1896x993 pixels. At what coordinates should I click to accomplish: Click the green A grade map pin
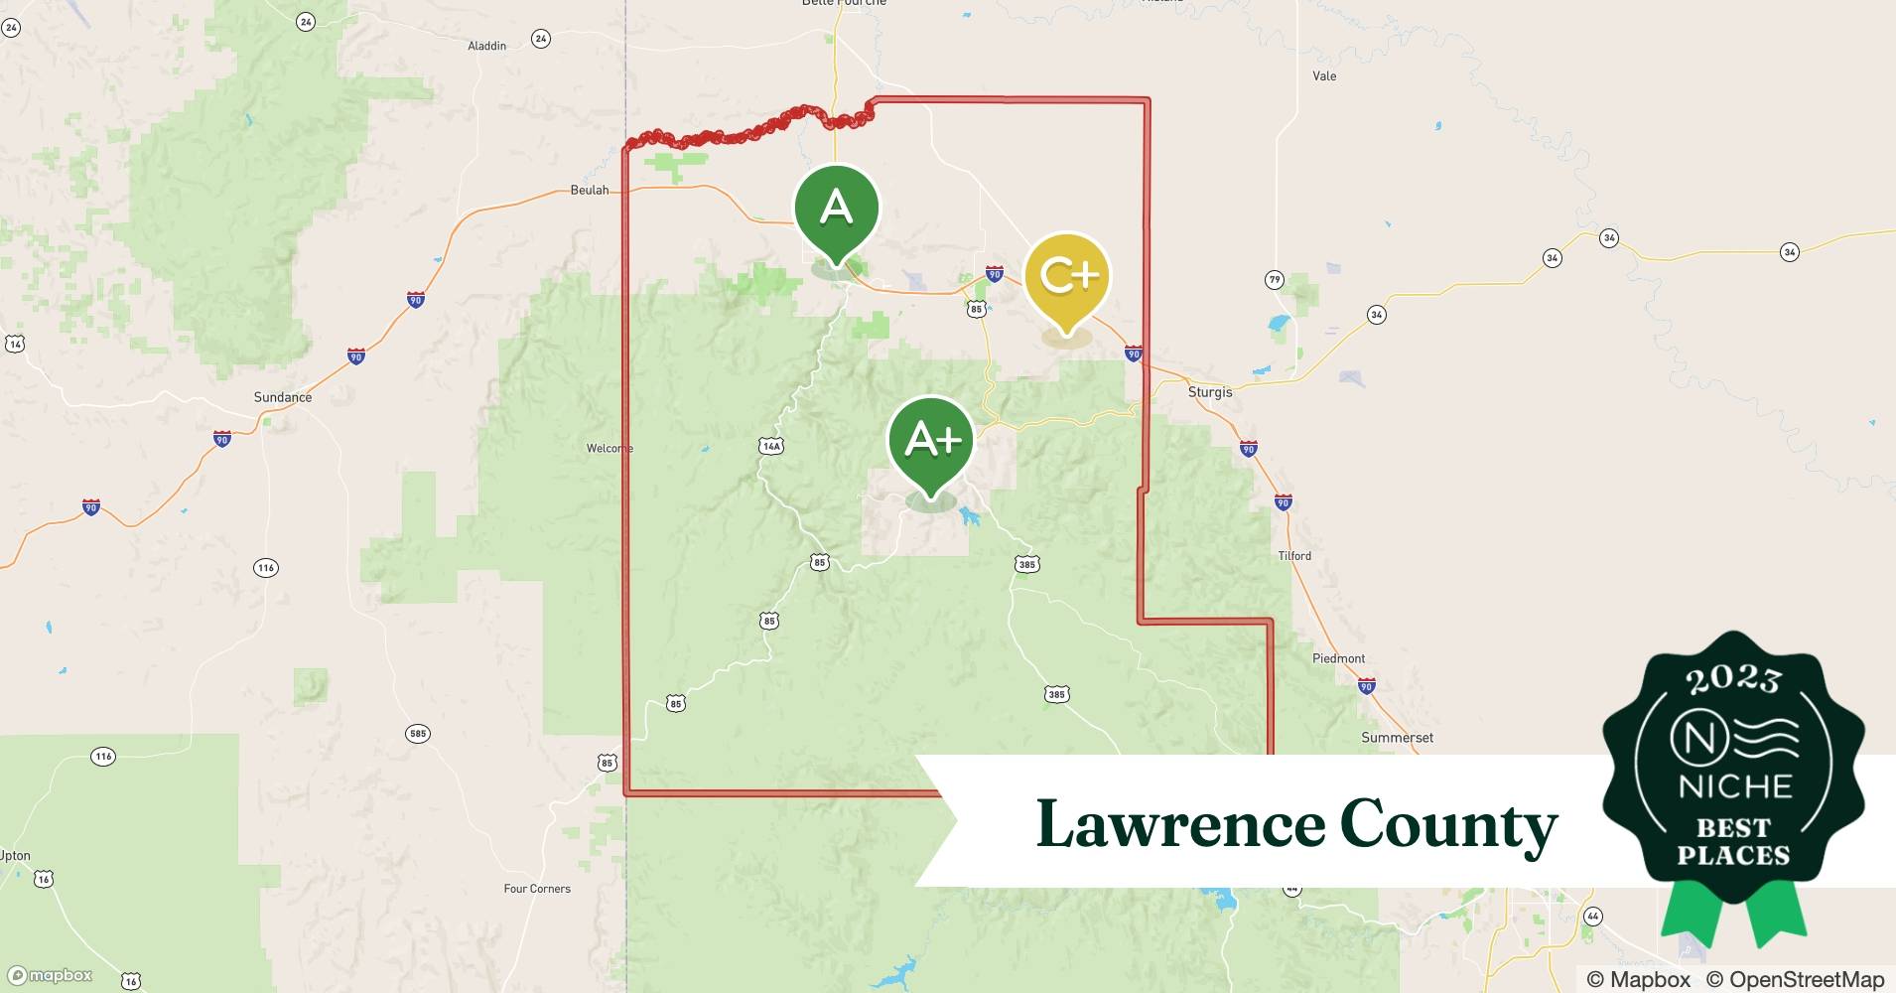[x=836, y=209]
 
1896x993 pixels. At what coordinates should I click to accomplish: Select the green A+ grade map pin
[x=930, y=441]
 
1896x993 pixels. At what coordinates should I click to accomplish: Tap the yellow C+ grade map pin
[x=1066, y=277]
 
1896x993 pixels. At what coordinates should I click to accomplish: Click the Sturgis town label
[x=1210, y=392]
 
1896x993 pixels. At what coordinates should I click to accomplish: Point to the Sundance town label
[x=283, y=397]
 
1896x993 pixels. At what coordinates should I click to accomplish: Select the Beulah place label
[x=590, y=190]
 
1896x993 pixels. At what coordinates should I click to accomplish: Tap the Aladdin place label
[x=486, y=46]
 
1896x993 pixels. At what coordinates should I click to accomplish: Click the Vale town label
[x=1324, y=75]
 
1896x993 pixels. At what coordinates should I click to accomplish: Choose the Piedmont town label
[x=1338, y=658]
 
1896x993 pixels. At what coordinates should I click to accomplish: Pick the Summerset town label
[x=1397, y=738]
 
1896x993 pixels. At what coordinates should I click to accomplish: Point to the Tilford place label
[x=1294, y=556]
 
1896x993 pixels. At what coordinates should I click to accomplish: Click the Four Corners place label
[x=537, y=889]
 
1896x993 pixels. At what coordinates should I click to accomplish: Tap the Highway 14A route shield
[x=771, y=446]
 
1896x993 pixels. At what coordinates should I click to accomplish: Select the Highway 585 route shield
[x=418, y=734]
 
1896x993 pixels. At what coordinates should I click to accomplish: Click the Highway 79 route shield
[x=1275, y=280]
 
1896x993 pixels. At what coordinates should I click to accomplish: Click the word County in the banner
[x=1448, y=825]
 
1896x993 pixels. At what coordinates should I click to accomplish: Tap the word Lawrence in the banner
[x=1180, y=825]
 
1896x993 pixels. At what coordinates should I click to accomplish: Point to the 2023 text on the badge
[x=1732, y=678]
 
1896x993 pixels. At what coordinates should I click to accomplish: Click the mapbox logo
[x=50, y=975]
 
